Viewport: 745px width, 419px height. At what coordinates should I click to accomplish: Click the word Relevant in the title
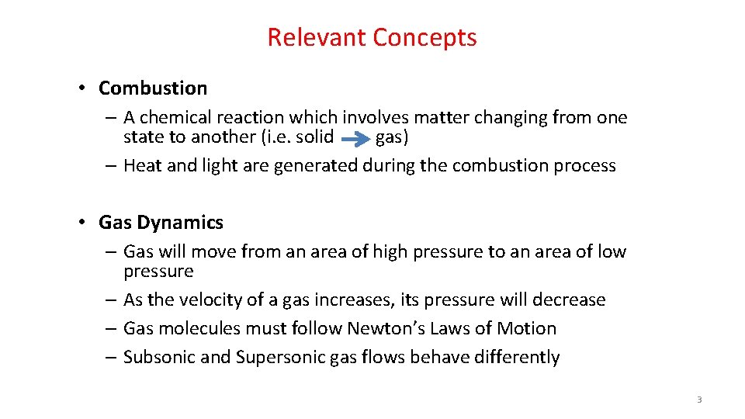click(x=317, y=37)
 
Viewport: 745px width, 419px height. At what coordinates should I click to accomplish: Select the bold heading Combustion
click(x=153, y=88)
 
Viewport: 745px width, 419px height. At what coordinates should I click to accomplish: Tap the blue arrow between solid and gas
click(x=355, y=140)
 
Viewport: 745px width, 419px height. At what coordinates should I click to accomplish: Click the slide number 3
click(x=699, y=400)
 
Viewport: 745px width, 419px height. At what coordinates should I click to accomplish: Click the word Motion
click(x=527, y=329)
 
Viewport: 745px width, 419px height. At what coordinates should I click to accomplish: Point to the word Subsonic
click(x=157, y=358)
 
